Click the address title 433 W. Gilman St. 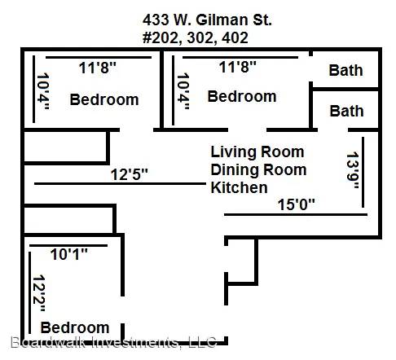207,20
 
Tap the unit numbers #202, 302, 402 196,37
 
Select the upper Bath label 345,70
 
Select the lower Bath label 346,111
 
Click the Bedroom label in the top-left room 104,99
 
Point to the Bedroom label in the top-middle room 242,96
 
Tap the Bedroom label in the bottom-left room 75,327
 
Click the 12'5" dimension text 129,174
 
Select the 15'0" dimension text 296,204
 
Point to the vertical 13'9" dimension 353,170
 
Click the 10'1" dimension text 69,254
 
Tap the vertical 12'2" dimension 39,293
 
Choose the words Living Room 257,151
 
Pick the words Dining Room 258,169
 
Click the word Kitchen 239,187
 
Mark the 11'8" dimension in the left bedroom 97,68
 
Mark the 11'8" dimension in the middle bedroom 237,67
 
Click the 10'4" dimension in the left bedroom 42,90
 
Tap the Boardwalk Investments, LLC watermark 113,342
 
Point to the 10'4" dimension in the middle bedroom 183,90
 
